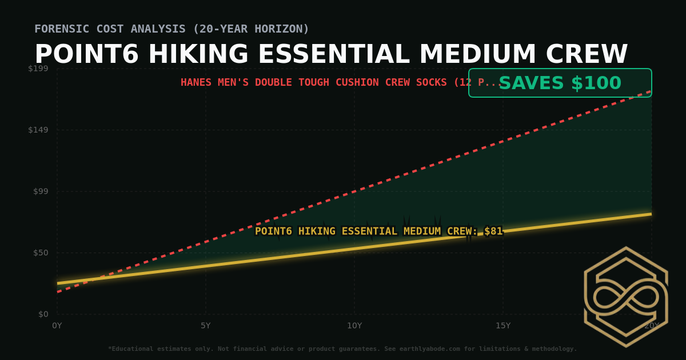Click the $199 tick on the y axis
coord(38,69)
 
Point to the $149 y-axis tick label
coord(38,130)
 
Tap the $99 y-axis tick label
coord(40,191)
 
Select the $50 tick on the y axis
coord(40,253)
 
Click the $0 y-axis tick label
coord(43,314)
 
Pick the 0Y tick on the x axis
coord(57,326)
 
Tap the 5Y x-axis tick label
coord(206,326)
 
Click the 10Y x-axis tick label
coord(354,326)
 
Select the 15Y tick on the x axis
coord(503,326)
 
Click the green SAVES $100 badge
coord(560,83)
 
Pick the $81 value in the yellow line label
coord(493,231)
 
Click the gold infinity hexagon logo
coord(625,297)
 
